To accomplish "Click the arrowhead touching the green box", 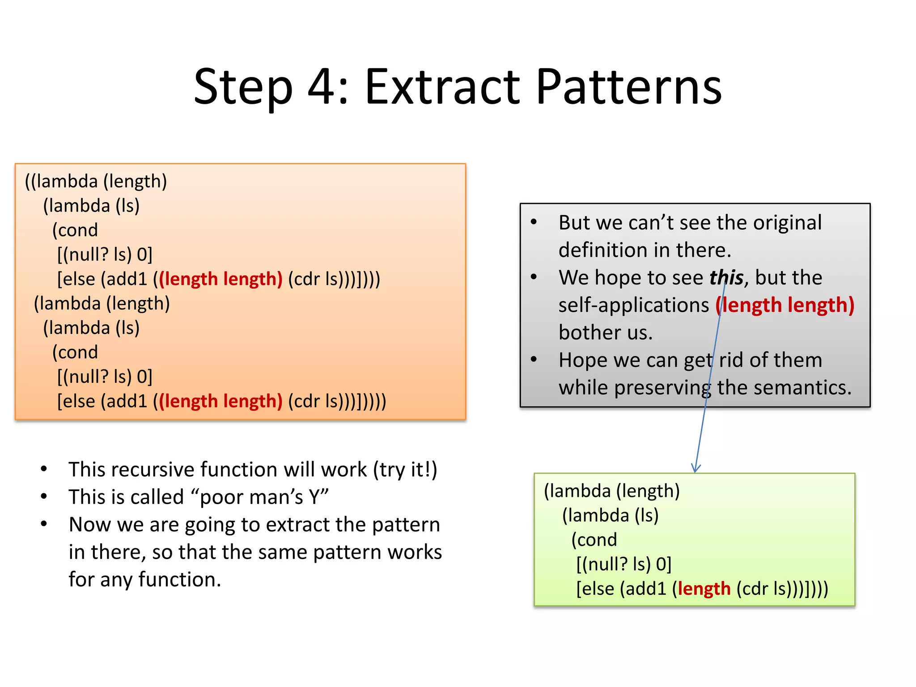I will click(695, 468).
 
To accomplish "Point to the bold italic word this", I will click(726, 278).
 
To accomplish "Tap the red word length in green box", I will click(704, 589).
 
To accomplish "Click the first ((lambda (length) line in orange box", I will click(96, 181).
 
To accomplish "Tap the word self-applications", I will click(633, 305).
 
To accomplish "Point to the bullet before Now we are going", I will click(44, 524).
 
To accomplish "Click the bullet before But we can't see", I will click(534, 222).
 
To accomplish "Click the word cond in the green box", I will click(595, 540).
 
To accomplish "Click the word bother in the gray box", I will click(586, 333).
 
